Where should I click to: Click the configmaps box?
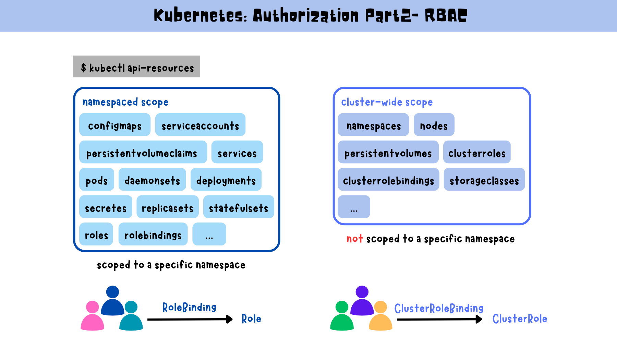pos(114,125)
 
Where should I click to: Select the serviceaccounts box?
pos(200,125)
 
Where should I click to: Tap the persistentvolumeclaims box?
pos(143,152)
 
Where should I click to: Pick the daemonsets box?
pos(152,180)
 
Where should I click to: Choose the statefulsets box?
pos(239,207)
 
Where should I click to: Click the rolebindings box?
pos(153,235)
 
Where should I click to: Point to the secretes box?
pos(106,207)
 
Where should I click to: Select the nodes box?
pos(434,125)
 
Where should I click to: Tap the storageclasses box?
pos(484,180)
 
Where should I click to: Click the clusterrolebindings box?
pos(388,180)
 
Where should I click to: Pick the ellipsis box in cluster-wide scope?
pos(354,207)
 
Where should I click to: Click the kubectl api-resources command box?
pos(136,67)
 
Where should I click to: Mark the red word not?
pos(354,238)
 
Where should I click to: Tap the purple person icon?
pos(362,301)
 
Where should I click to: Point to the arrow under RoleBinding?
pos(190,319)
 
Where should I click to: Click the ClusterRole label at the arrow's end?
pos(520,319)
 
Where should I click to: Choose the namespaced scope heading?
pos(125,102)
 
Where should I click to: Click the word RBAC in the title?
pos(446,15)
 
